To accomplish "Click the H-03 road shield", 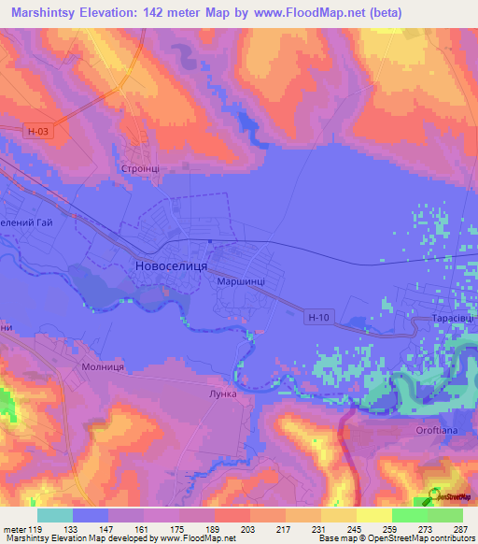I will click(x=37, y=133).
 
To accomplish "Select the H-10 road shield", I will click(x=318, y=318).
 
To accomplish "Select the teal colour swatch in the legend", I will click(x=55, y=515).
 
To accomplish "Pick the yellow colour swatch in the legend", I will click(x=373, y=515).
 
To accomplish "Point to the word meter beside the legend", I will click(x=13, y=529).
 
